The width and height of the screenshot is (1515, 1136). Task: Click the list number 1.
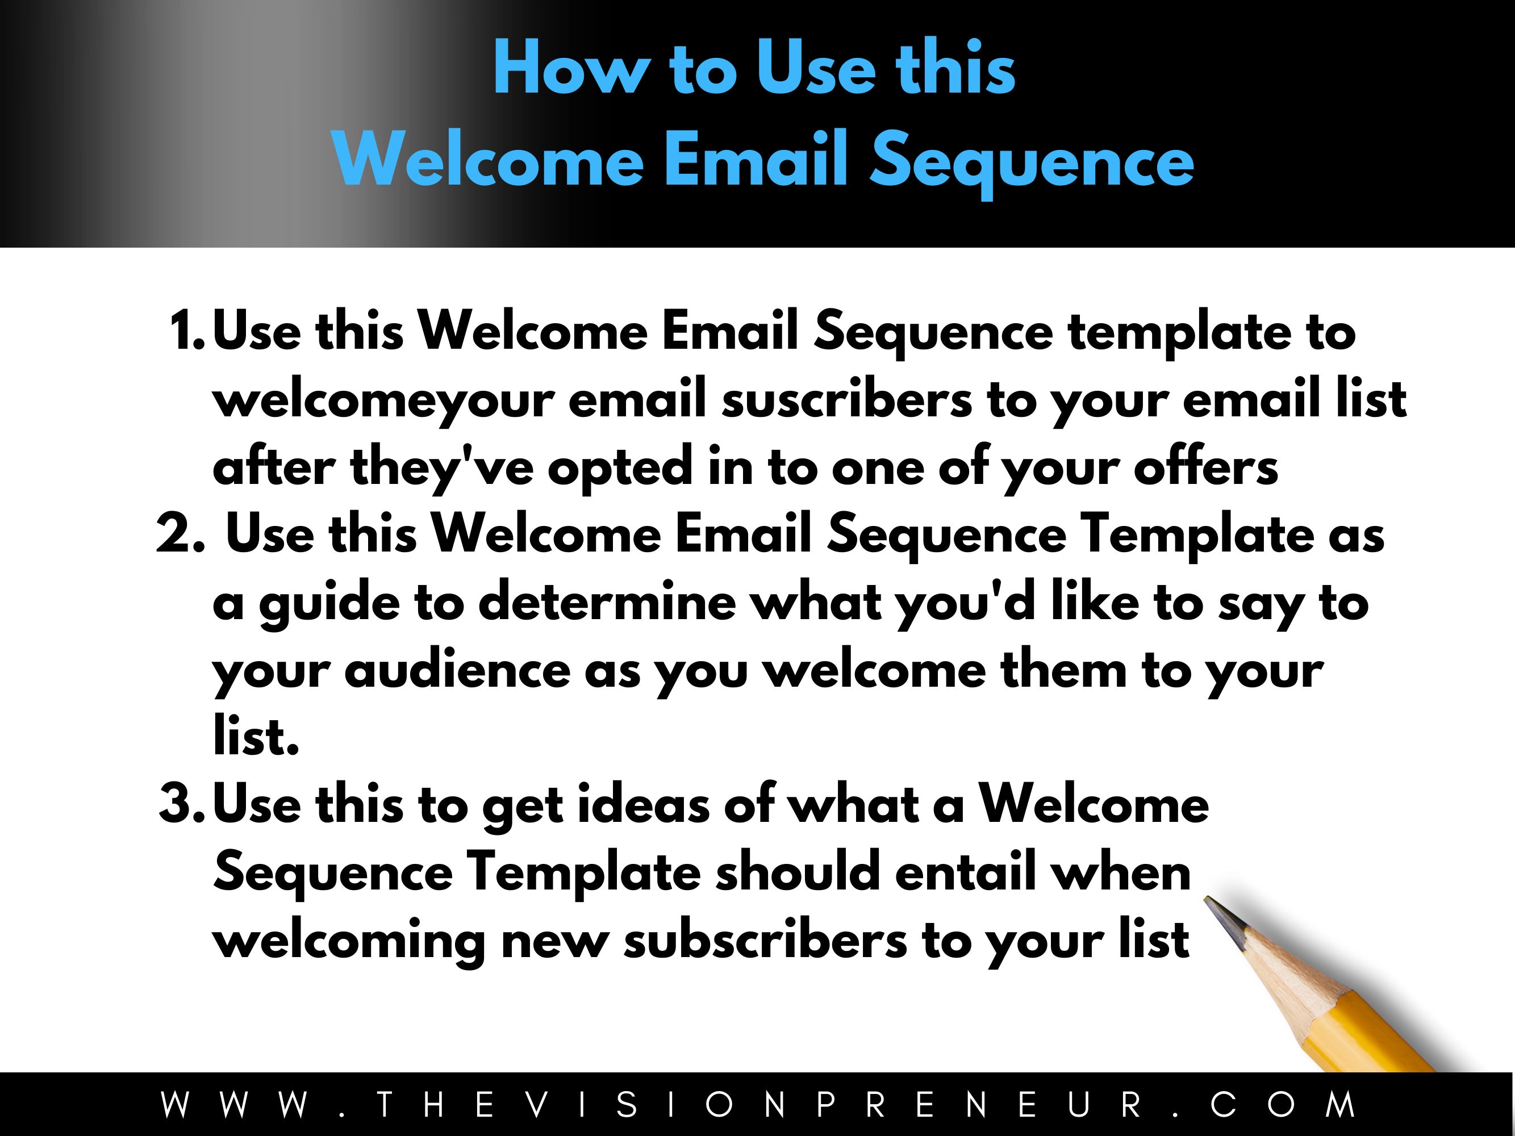(185, 331)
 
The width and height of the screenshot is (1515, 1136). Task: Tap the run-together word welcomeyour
(383, 401)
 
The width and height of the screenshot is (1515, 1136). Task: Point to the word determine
(606, 603)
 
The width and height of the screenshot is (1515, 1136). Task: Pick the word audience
(457, 670)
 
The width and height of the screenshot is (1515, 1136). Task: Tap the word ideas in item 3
(644, 805)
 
